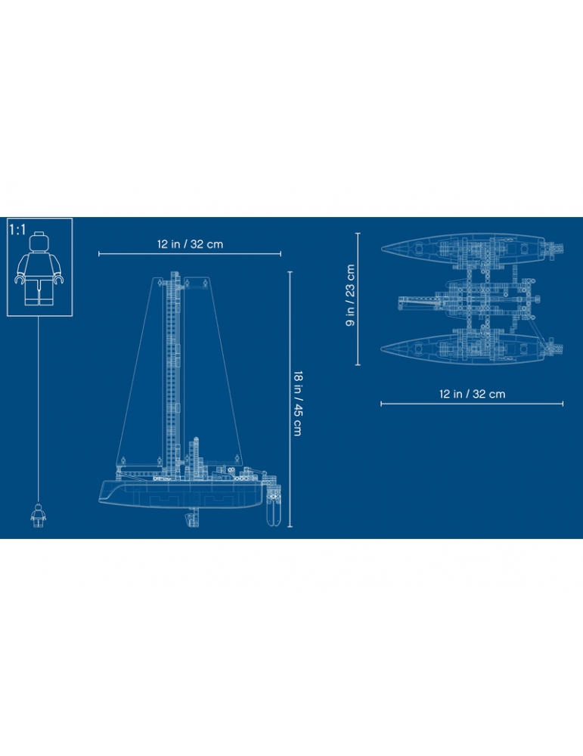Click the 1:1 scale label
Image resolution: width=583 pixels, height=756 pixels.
coord(17,230)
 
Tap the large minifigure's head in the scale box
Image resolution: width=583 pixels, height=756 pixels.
coord(39,241)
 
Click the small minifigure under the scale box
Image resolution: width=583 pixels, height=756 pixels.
coord(38,516)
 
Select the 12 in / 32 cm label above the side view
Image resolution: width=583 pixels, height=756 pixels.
coord(190,244)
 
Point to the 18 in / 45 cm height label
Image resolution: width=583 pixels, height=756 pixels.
coord(298,404)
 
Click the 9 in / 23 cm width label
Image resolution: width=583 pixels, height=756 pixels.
coord(350,295)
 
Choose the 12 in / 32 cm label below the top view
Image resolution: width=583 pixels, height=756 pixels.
coord(472,394)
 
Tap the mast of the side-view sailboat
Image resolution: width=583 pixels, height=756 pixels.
coord(174,375)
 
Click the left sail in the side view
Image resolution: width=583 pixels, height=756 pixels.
coord(141,371)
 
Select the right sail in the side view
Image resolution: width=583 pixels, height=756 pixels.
coord(212,371)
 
